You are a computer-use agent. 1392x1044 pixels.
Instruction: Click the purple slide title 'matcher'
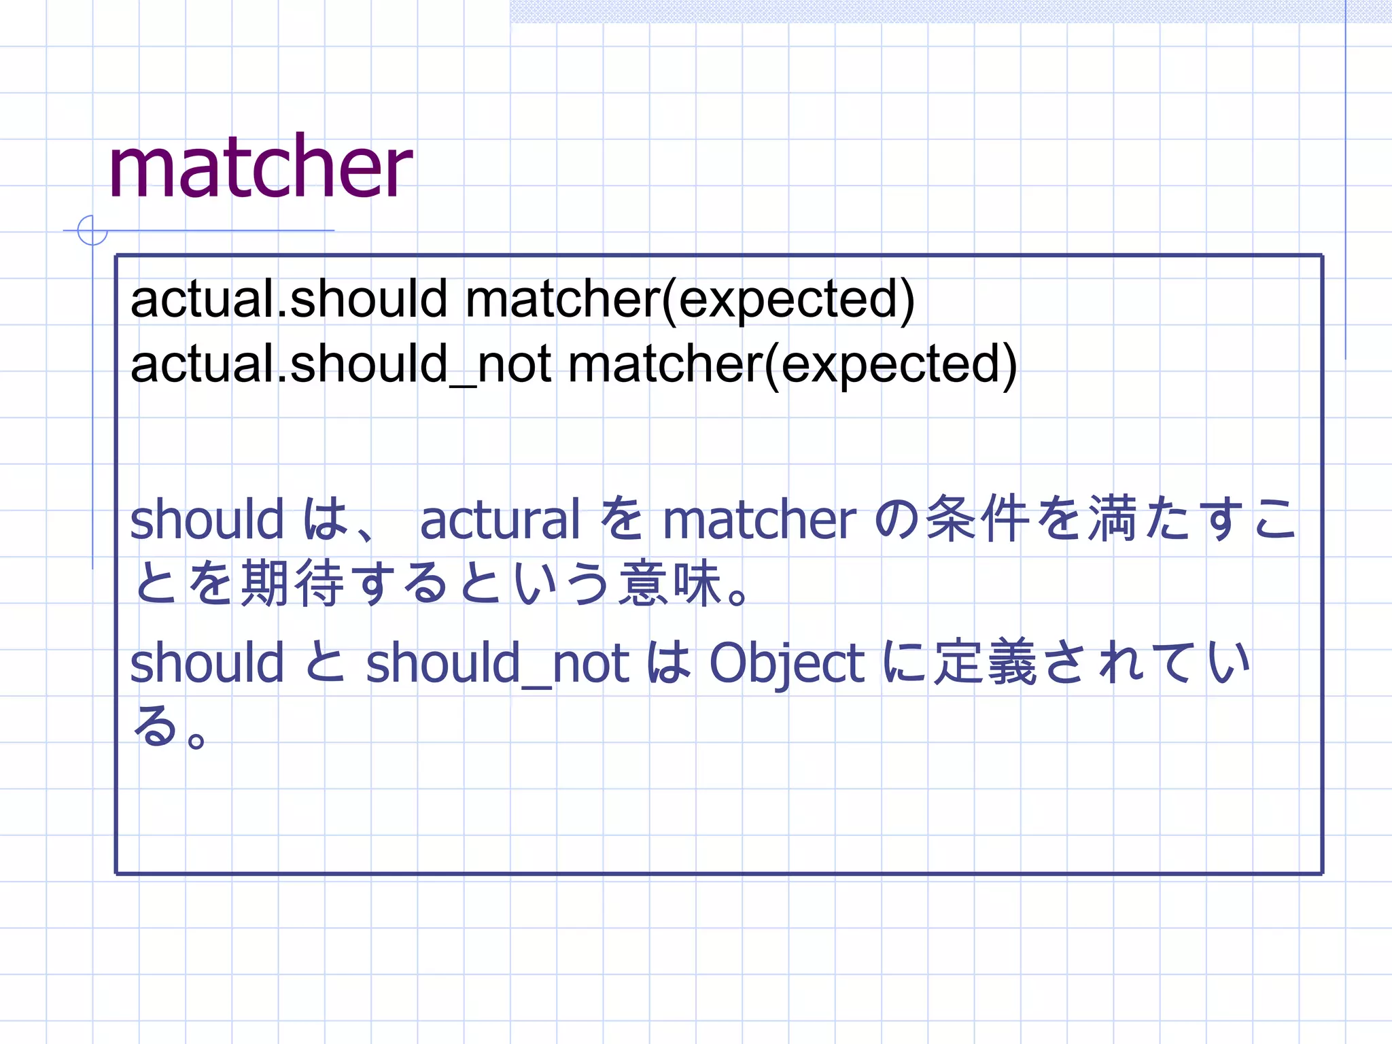[260, 167]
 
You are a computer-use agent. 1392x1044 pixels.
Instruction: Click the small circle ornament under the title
[92, 230]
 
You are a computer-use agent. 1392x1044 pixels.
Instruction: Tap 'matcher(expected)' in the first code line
[690, 299]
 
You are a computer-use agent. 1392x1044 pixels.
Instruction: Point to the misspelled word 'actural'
[500, 519]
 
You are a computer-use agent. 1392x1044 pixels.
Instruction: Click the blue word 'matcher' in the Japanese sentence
[759, 519]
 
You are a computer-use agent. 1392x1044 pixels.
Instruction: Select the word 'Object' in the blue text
[786, 663]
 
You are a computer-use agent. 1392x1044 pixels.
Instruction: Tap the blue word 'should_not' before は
[498, 663]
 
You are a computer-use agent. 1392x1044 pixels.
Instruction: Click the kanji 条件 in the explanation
[978, 519]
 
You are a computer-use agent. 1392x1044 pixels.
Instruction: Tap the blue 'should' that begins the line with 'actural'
[207, 519]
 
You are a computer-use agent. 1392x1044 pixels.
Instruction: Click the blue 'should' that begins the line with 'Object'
[207, 663]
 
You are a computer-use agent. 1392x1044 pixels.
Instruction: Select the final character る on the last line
[156, 726]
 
